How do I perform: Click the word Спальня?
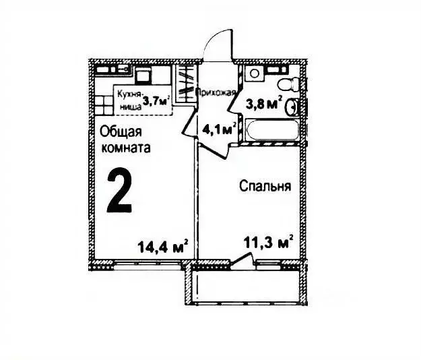point(265,186)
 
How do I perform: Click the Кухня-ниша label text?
point(127,100)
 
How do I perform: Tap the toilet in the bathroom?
point(286,83)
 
